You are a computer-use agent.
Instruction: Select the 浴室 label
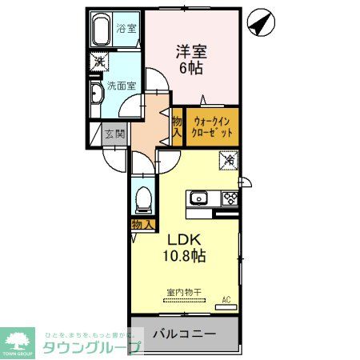126,29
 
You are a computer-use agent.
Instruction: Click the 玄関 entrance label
114,134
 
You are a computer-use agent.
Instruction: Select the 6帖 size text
191,69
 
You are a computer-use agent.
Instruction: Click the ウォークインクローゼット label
213,126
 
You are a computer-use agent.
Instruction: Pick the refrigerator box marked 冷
229,160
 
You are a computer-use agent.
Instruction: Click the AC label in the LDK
226,300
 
